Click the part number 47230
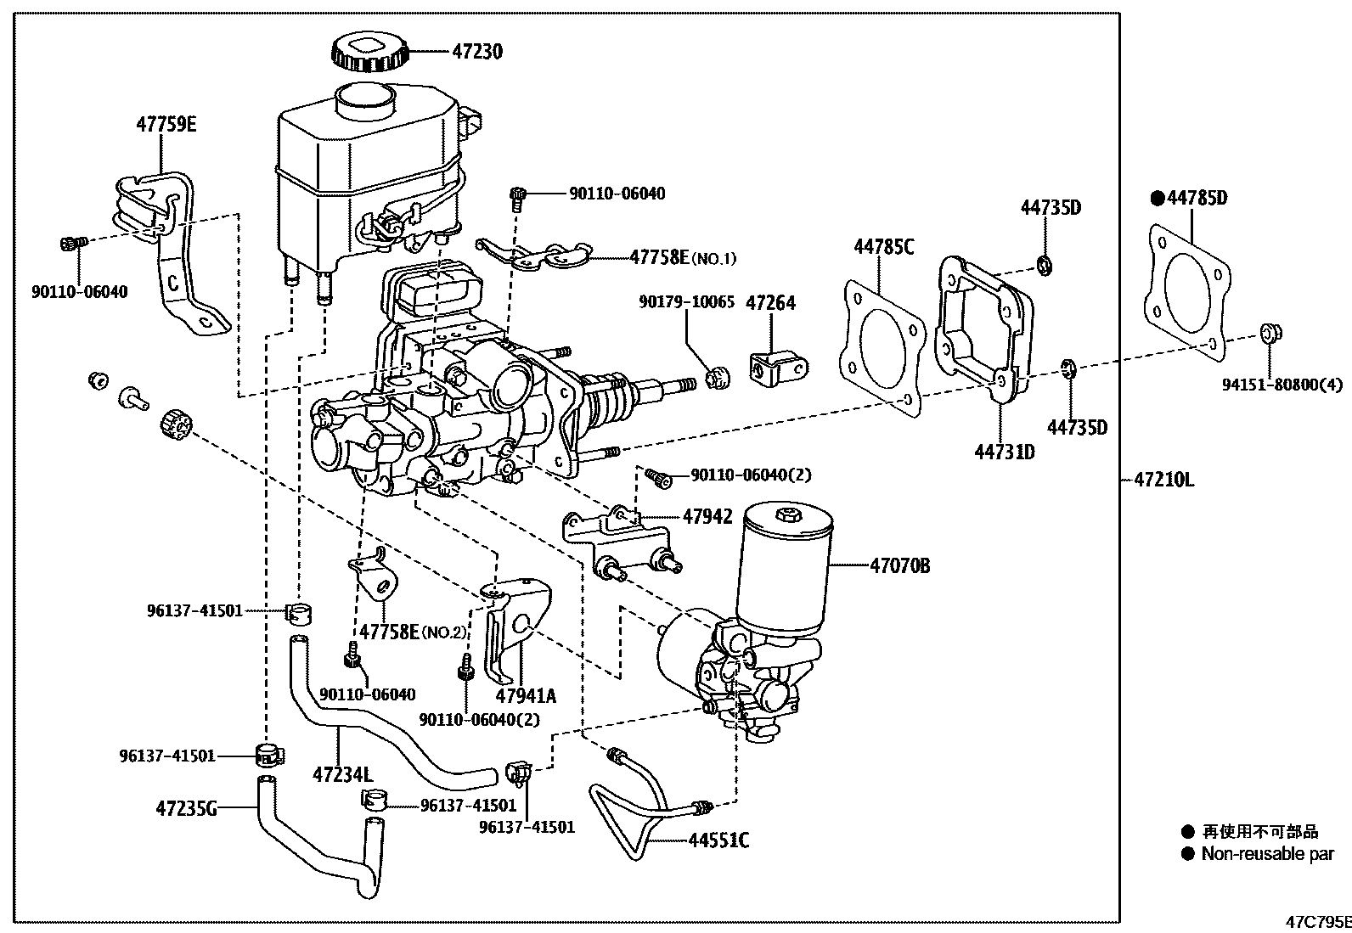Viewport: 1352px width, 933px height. (476, 52)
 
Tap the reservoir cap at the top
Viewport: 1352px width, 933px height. (369, 50)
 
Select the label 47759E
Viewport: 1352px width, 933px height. (166, 125)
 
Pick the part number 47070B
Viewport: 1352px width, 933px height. (899, 565)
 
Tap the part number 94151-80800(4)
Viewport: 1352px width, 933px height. (1282, 385)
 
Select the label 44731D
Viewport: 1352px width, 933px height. (1005, 452)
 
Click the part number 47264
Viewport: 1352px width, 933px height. (770, 303)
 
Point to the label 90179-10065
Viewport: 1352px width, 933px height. (688, 301)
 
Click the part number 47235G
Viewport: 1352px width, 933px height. (186, 808)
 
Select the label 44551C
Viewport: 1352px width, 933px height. (718, 840)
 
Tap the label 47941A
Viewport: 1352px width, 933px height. (526, 696)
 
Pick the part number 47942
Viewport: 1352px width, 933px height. (707, 516)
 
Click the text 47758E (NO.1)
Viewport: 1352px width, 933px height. (683, 257)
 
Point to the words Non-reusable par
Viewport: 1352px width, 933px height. (1267, 854)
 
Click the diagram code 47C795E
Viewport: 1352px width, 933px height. (1317, 922)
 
